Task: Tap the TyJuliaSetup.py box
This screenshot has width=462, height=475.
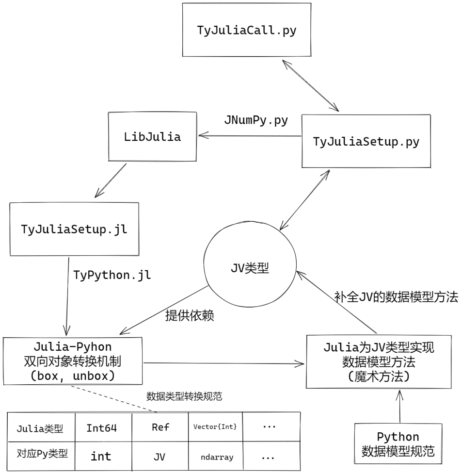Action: tap(366, 142)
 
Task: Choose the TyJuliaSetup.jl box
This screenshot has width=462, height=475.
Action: tap(74, 229)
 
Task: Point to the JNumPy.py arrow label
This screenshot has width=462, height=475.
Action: tap(256, 120)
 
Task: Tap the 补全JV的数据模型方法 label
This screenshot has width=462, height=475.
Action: tap(396, 297)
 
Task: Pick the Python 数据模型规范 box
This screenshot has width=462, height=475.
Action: tap(398, 445)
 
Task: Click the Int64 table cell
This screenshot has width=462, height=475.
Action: tap(102, 428)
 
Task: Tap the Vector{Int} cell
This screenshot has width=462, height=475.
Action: tap(215, 427)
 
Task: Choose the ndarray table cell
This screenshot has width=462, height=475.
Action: tap(216, 457)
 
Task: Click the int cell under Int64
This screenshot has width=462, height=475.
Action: tap(101, 456)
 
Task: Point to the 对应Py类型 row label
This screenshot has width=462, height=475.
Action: tap(42, 456)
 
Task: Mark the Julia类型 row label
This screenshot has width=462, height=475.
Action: tap(42, 428)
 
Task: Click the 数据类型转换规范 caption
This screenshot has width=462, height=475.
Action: tap(184, 396)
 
